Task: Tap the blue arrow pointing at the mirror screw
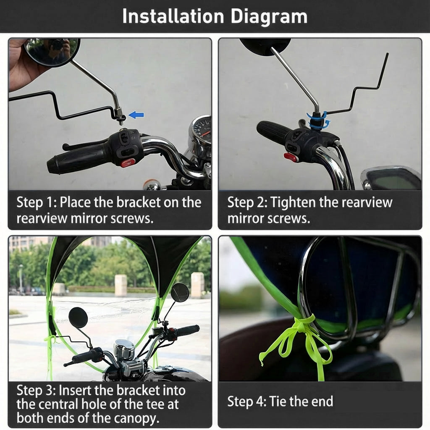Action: coord(136,115)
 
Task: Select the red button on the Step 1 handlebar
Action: coord(128,163)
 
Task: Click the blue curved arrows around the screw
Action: coord(318,120)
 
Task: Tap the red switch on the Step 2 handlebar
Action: coord(291,157)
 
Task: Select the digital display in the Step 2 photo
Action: coord(393,180)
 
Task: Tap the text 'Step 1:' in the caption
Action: coord(37,202)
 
